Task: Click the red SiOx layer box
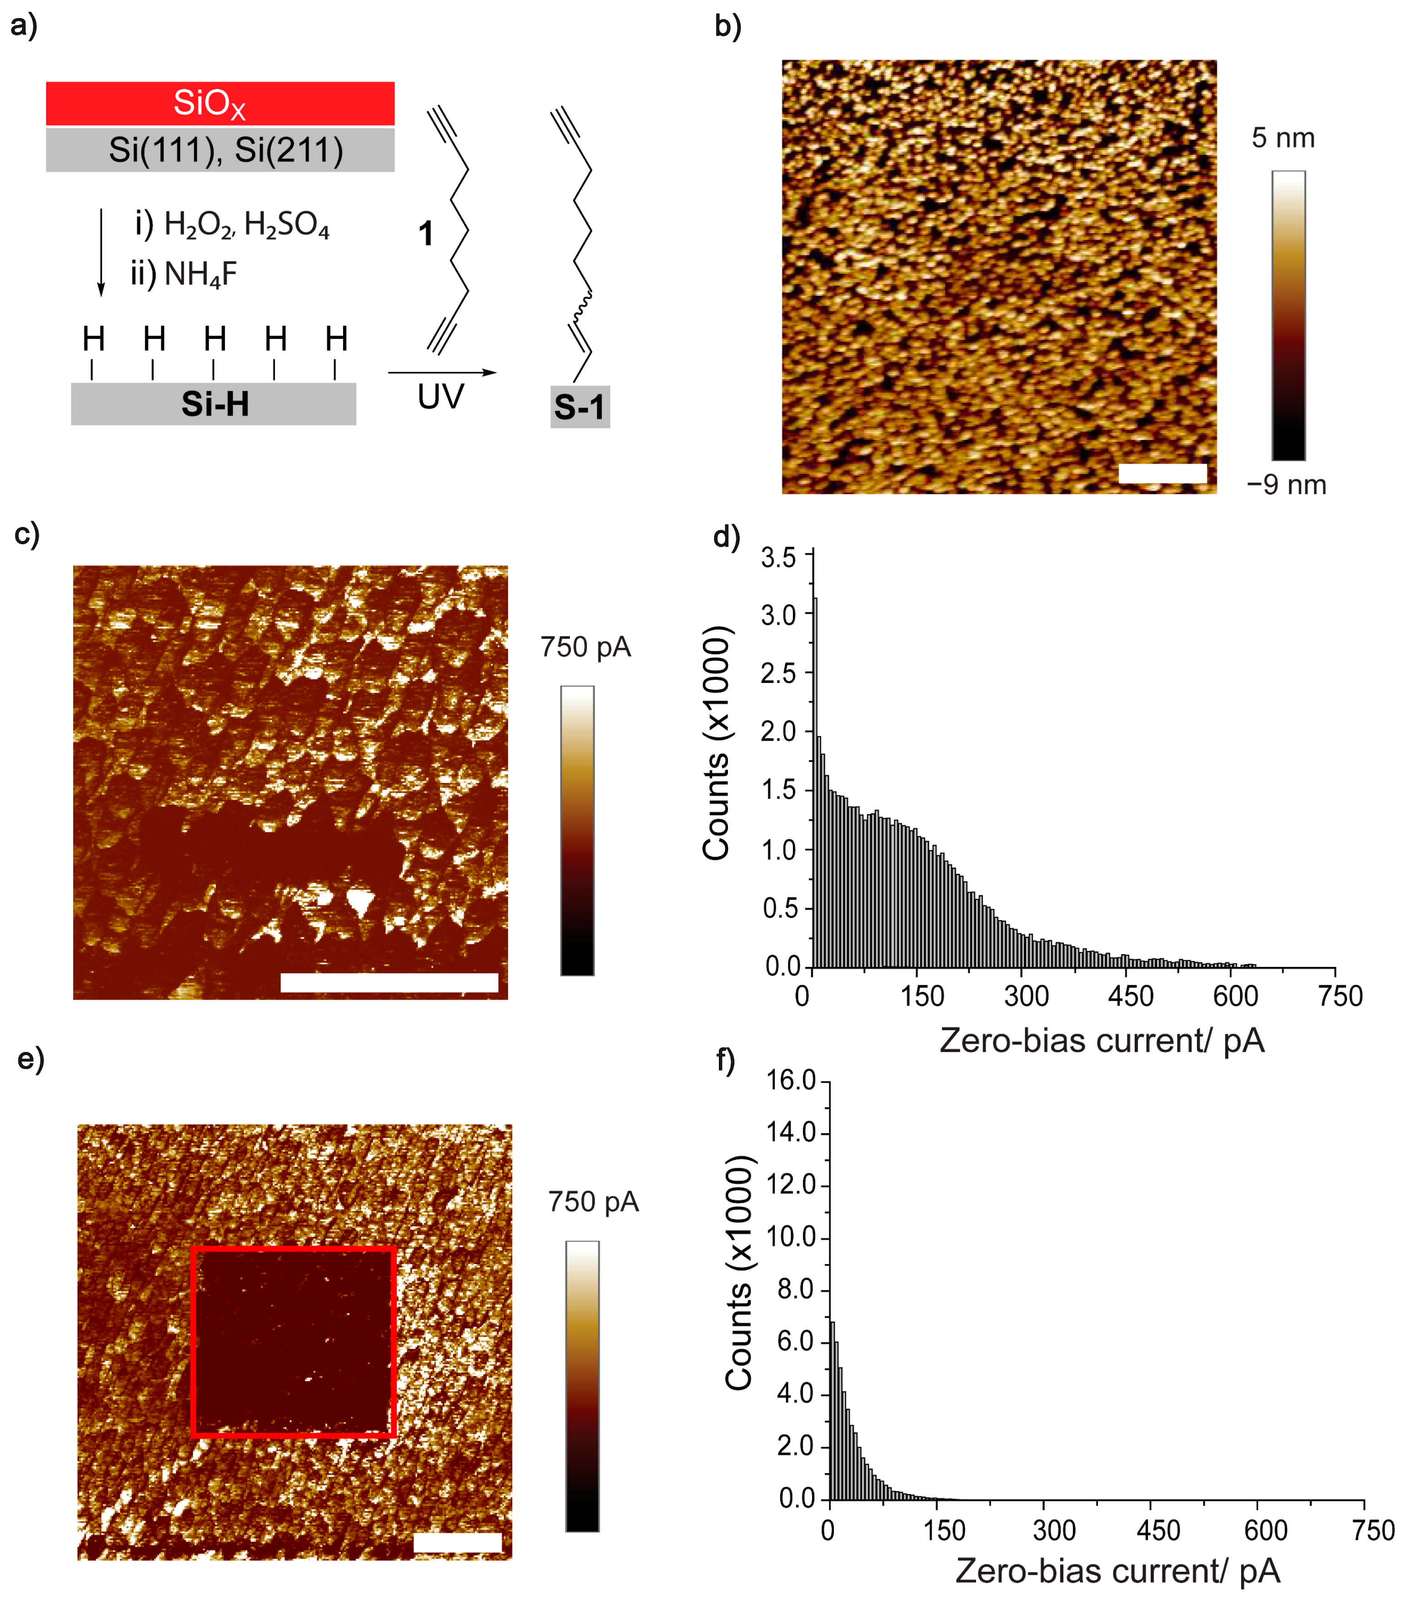click(x=220, y=103)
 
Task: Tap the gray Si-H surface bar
click(x=214, y=403)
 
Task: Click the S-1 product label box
click(x=580, y=407)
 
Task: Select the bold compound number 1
click(x=426, y=233)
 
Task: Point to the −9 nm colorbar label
click(x=1286, y=485)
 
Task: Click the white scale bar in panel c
click(x=389, y=982)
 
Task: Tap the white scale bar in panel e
click(x=457, y=1542)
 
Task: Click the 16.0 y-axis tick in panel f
click(x=791, y=1081)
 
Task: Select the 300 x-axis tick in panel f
click(x=1053, y=1529)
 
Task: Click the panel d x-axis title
click(x=1102, y=1041)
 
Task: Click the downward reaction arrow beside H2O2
click(x=101, y=252)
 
